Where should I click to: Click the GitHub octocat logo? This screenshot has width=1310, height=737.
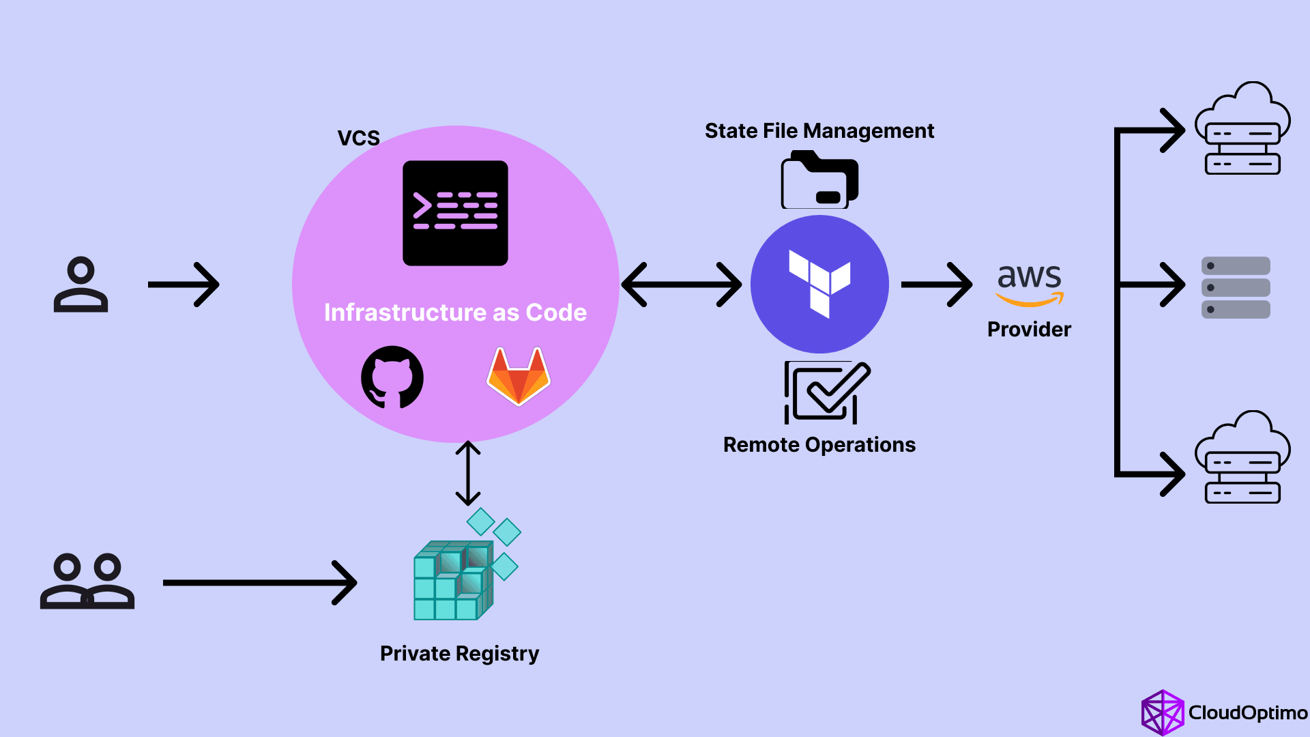click(392, 377)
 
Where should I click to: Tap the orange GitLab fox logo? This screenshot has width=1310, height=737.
click(519, 377)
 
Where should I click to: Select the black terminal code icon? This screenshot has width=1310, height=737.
click(455, 213)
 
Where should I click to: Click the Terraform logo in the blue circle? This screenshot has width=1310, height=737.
click(819, 284)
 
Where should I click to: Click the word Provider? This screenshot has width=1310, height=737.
click(1029, 330)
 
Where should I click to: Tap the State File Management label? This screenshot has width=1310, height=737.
click(819, 130)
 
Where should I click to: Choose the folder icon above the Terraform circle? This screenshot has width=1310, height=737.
click(819, 181)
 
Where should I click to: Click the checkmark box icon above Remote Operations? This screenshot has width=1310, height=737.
click(826, 392)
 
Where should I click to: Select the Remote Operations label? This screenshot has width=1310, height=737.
click(819, 445)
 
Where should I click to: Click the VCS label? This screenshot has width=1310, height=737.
click(358, 138)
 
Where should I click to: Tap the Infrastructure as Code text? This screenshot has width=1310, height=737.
click(455, 313)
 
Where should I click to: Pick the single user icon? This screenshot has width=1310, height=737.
click(81, 285)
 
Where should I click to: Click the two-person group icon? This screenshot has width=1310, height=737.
click(87, 581)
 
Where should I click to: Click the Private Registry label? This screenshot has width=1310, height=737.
click(459, 654)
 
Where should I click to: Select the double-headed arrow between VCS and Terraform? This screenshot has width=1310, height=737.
click(681, 285)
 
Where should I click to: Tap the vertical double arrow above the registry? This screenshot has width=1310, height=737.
click(468, 473)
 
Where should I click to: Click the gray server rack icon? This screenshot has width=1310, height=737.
click(1235, 287)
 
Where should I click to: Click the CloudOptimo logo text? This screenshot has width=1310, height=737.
click(1247, 713)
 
